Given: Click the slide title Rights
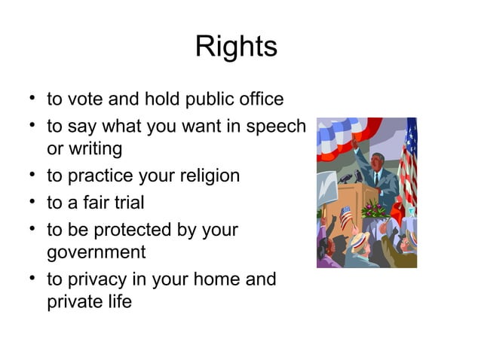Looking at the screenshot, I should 236,47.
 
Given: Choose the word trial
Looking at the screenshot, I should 127,203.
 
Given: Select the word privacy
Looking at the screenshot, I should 95,279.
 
